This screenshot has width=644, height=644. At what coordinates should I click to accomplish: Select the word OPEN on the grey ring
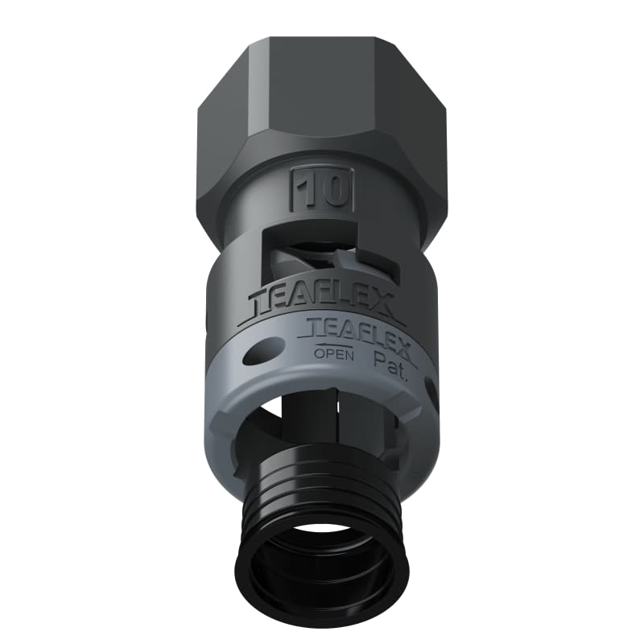328,353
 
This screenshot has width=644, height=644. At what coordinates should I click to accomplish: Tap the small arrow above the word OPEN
327,341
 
